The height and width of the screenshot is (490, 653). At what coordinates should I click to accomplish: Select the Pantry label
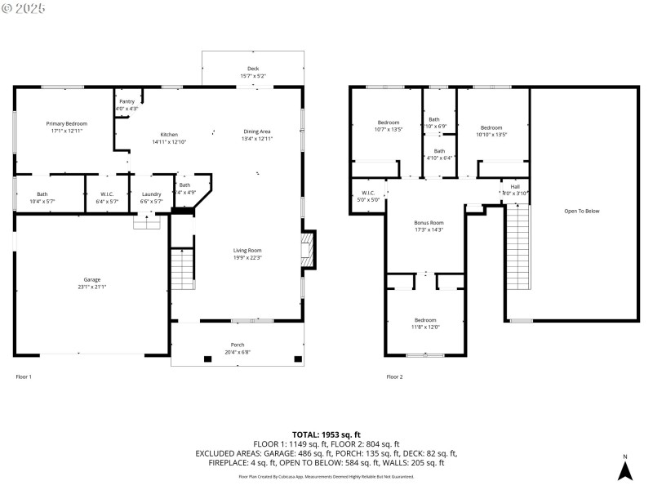(x=127, y=101)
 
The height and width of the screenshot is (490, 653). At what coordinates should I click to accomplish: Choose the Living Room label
(x=247, y=250)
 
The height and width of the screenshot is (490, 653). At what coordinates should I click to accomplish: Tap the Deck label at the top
(x=253, y=69)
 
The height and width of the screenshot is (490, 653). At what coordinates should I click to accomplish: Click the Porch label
(x=237, y=345)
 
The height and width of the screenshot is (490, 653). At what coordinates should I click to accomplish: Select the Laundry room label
(x=152, y=194)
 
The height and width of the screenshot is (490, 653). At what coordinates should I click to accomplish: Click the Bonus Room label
(x=429, y=222)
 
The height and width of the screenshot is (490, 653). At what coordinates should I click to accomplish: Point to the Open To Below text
(x=581, y=211)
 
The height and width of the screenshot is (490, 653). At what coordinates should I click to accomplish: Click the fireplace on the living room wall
(x=307, y=248)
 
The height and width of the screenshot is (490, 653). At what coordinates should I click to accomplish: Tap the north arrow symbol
(x=624, y=469)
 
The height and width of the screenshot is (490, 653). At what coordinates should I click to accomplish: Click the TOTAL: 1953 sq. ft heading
(x=326, y=434)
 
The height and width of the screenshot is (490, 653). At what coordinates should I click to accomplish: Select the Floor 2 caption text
(x=394, y=376)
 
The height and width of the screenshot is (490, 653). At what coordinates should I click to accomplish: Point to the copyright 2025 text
(x=24, y=8)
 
